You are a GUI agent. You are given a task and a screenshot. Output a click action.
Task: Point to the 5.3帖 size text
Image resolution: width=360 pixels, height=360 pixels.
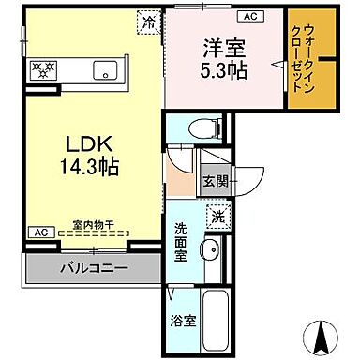tap(222, 70)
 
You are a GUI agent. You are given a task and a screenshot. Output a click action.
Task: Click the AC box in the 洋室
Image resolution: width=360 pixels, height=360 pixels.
tap(250, 17)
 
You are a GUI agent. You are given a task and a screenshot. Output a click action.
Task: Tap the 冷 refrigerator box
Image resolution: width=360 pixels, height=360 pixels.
tap(149, 20)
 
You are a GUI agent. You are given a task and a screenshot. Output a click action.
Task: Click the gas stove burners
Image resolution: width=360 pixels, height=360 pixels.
tap(45, 68)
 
